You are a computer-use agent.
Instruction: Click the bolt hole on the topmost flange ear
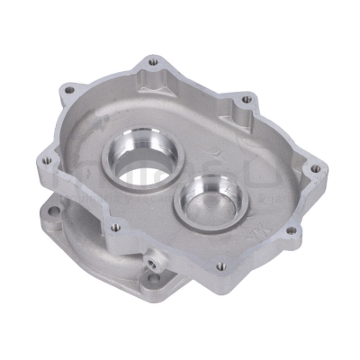[149, 62]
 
